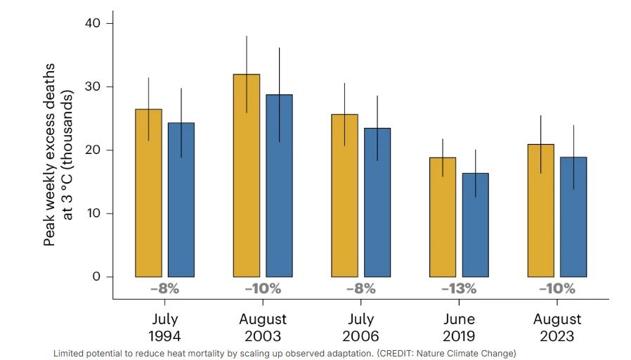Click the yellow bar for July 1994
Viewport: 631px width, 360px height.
point(148,193)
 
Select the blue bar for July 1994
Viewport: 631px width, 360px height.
point(181,200)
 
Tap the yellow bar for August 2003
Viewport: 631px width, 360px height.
point(246,175)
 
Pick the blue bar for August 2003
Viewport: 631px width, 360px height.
point(279,186)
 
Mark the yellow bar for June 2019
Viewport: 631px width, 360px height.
point(442,217)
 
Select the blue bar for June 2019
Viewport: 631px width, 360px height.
point(475,225)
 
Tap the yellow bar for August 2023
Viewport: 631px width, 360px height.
point(540,210)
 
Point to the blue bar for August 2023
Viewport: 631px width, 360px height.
point(573,217)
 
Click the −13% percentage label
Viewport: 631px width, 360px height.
point(459,288)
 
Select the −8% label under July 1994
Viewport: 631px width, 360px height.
point(164,288)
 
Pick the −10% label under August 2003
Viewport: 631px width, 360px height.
point(263,288)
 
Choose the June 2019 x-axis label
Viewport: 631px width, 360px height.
point(458,327)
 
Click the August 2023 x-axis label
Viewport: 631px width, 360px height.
point(557,327)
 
